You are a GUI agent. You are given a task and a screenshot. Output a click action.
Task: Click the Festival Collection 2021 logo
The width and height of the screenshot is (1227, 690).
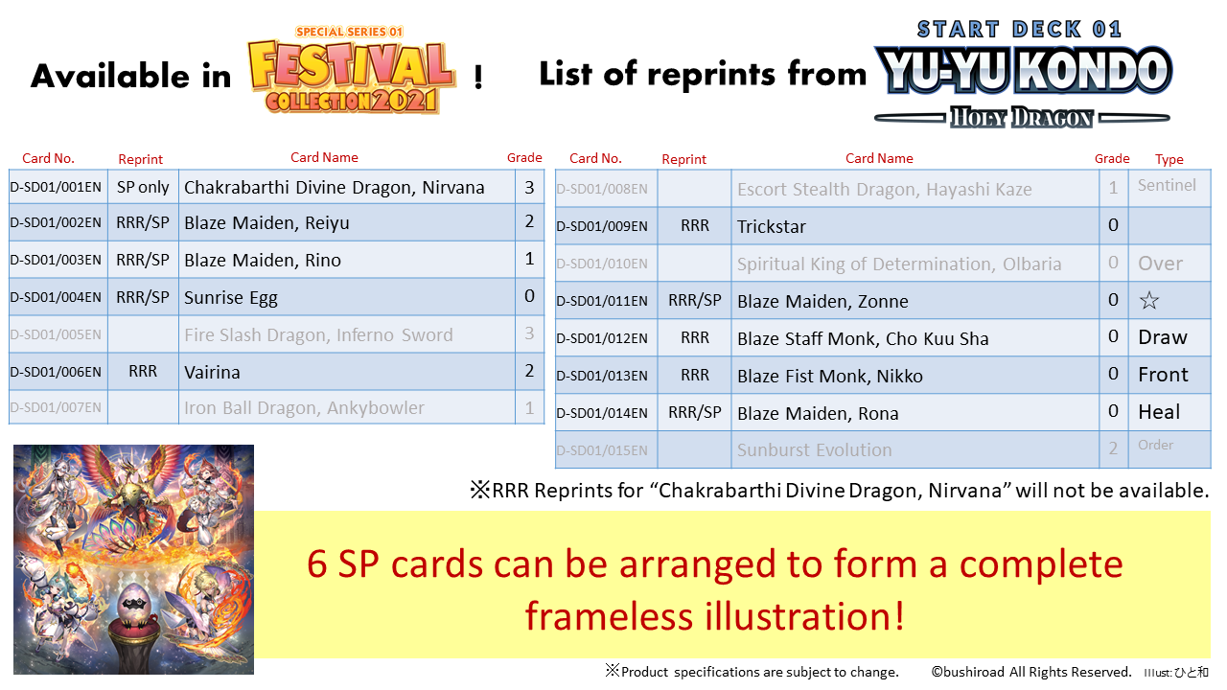pos(351,70)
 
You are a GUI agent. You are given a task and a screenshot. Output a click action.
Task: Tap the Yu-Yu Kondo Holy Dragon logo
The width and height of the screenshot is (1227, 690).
pos(1022,74)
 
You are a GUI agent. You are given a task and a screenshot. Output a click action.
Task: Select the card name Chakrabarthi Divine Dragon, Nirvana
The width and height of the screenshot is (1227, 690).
pos(335,187)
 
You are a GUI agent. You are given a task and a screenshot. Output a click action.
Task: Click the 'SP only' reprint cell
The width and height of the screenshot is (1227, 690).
pos(143,187)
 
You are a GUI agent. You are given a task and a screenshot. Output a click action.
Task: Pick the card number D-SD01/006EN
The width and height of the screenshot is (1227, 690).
pos(56,372)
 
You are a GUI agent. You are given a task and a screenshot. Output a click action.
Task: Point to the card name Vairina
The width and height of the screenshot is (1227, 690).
pos(212,373)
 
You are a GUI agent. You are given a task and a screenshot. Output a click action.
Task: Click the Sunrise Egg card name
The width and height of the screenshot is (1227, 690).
pos(231,298)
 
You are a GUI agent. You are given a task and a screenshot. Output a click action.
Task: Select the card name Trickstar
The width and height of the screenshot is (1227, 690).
pos(772,226)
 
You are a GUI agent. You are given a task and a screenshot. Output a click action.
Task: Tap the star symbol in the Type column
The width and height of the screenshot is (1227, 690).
pos(1149,300)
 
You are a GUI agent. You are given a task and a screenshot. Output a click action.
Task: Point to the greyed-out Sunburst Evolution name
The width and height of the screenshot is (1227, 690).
pos(815,449)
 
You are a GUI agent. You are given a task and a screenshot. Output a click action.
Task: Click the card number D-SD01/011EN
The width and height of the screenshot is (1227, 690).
pos(601,301)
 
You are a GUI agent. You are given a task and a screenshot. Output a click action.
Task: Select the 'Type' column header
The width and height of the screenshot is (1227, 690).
pos(1169,159)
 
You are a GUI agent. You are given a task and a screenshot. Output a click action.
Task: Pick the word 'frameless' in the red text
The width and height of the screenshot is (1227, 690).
pos(609,616)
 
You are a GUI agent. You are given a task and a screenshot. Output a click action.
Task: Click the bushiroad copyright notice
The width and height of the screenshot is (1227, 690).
pos(1031,672)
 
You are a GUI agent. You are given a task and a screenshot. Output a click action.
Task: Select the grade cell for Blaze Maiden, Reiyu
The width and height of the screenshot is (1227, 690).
pos(529,221)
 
